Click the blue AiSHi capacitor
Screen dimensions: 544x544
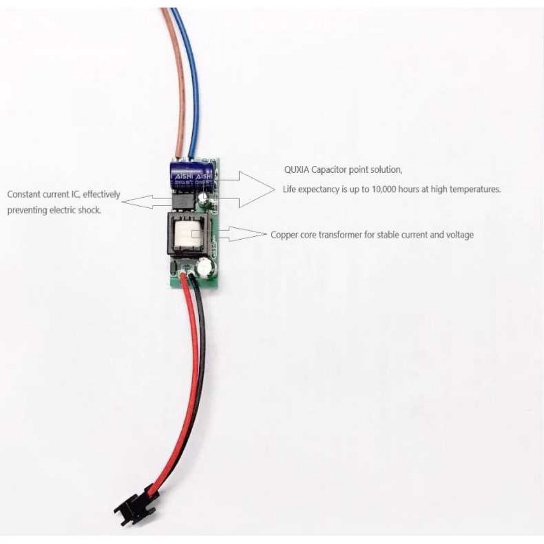click(192, 174)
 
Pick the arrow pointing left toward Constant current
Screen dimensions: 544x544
click(143, 201)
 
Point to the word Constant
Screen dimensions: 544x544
click(23, 194)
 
